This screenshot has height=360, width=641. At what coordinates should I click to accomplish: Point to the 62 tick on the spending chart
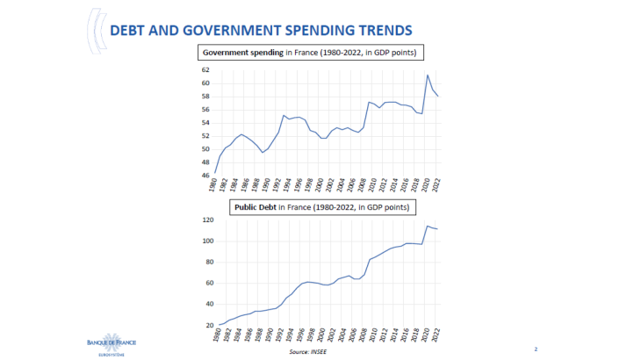pyautogui.click(x=205, y=69)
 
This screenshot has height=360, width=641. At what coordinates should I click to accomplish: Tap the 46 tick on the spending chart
pyautogui.click(x=205, y=176)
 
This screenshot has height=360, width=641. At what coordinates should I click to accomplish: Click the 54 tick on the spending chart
pyautogui.click(x=205, y=123)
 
